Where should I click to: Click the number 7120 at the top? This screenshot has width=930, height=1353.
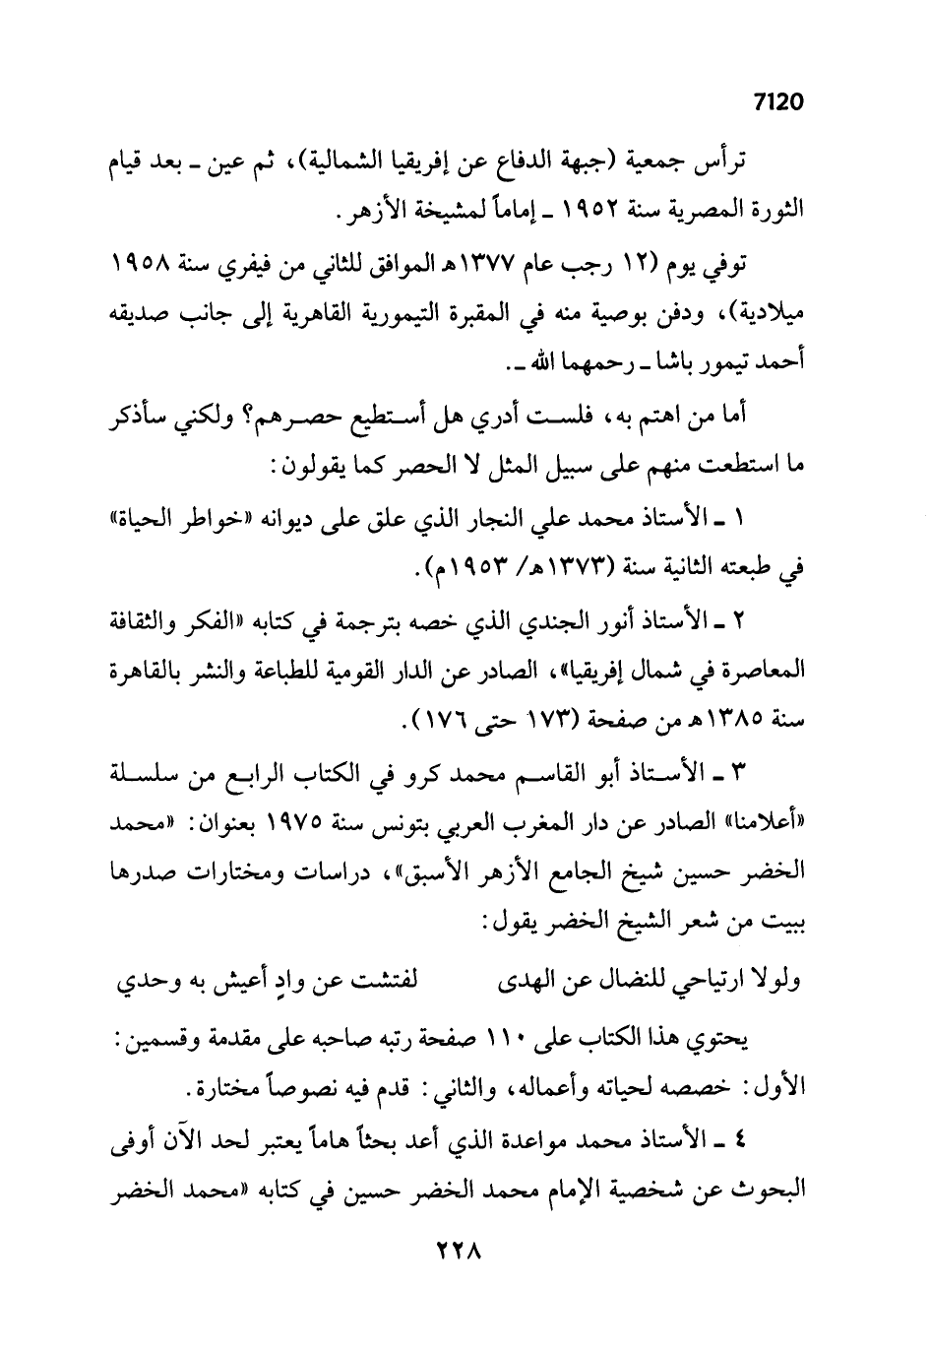point(778,101)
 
